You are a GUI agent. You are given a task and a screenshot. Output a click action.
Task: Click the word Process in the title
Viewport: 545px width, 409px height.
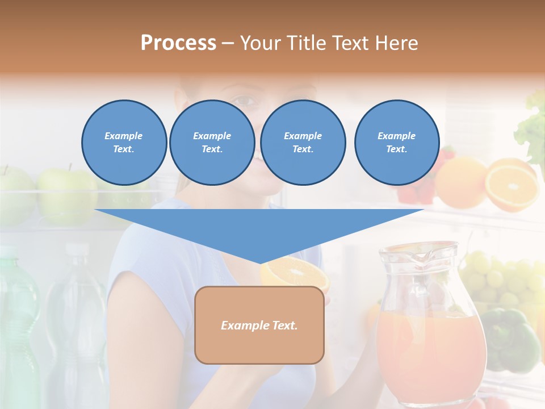(178, 43)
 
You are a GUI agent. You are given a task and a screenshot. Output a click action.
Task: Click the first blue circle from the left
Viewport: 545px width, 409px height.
(124, 143)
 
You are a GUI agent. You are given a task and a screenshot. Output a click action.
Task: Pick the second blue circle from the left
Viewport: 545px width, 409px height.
(212, 143)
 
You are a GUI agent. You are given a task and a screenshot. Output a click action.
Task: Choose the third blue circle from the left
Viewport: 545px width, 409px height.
(303, 143)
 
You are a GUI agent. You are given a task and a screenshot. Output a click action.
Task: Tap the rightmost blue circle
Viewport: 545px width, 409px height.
(397, 143)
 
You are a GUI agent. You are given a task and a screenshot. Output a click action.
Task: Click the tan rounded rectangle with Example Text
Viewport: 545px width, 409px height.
(259, 325)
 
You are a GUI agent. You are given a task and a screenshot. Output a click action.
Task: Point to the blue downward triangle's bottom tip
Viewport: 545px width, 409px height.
(260, 262)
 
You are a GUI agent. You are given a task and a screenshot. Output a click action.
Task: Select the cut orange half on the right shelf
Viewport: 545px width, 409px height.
(512, 185)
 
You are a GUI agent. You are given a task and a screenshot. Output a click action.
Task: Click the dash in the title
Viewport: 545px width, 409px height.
(228, 43)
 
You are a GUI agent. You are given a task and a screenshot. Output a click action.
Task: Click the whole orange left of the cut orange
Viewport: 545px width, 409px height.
(461, 182)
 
